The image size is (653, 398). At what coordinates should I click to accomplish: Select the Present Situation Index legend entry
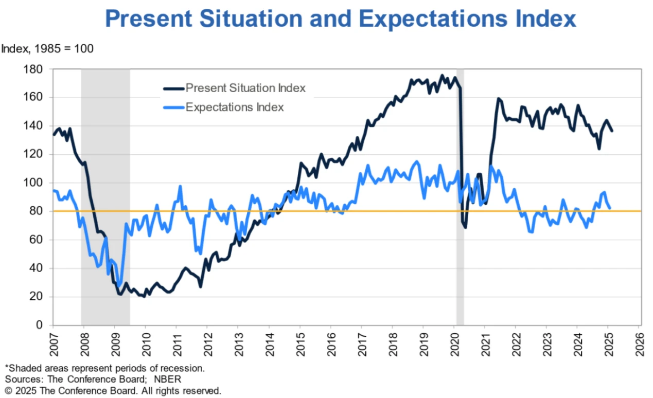[245, 88]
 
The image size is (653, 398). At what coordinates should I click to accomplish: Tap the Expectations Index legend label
[235, 107]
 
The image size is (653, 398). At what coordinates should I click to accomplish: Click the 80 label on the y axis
[40, 211]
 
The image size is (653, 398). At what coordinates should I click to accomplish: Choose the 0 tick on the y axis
[43, 325]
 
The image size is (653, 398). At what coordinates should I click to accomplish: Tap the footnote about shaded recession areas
[105, 368]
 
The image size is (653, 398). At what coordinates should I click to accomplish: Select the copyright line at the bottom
[113, 390]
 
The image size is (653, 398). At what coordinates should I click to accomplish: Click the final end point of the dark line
[612, 131]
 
